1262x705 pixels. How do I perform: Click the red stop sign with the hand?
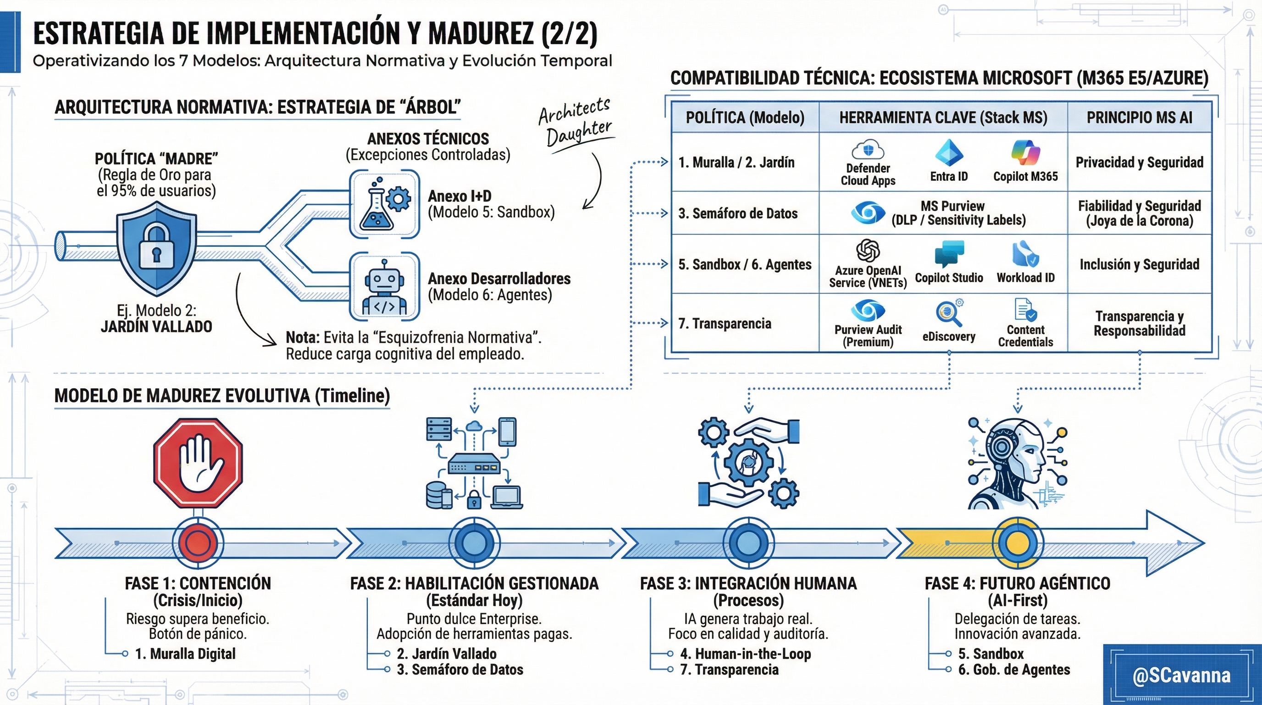pyautogui.click(x=198, y=463)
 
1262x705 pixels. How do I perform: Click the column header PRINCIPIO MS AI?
pyautogui.click(x=1140, y=117)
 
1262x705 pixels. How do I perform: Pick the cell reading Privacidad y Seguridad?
pyautogui.click(x=1140, y=162)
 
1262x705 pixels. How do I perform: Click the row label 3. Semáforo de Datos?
pyautogui.click(x=738, y=213)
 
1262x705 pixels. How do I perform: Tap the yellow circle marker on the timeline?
pyautogui.click(x=1018, y=543)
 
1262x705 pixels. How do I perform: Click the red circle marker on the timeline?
pyautogui.click(x=198, y=543)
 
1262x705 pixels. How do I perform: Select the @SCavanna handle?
pyautogui.click(x=1181, y=676)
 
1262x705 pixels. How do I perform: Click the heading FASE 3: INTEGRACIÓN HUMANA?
pyautogui.click(x=748, y=583)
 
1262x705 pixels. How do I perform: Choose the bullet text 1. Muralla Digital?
pyautogui.click(x=185, y=654)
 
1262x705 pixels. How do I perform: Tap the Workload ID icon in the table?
pyautogui.click(x=1025, y=254)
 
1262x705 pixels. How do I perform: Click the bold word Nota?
pyautogui.click(x=302, y=338)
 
